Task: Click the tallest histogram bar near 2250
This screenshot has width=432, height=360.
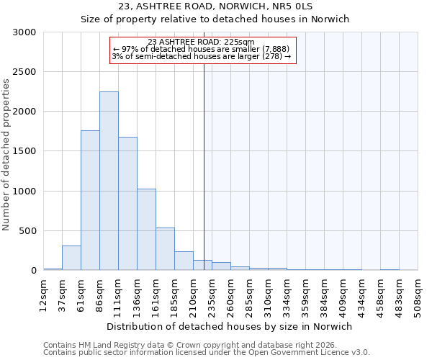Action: pos(109,181)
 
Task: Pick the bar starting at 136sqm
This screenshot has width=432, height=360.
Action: pos(146,230)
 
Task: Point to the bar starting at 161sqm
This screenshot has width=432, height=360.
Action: pos(165,249)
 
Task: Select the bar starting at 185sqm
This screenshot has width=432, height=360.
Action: pos(184,261)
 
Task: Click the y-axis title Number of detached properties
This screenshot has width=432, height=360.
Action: pos(6,152)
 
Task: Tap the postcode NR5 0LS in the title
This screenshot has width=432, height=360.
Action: pos(293,6)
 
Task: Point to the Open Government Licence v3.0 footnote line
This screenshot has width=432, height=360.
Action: pos(207,353)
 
